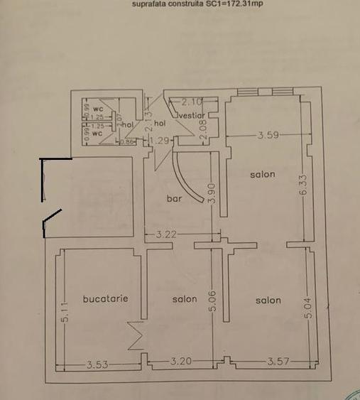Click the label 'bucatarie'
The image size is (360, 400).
coord(105,299)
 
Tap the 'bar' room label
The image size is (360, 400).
coord(174,199)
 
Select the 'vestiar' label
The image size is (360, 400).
coord(192,114)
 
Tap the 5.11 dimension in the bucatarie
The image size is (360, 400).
coord(66,312)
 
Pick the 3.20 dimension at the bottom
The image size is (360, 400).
coord(181,362)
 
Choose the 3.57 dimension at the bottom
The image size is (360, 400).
coord(278,362)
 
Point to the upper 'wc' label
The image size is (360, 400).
coord(98,109)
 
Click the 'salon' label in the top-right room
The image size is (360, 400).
coord(262,174)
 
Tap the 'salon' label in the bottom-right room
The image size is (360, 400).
coord(268,301)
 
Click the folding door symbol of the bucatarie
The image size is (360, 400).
coord(135,335)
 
